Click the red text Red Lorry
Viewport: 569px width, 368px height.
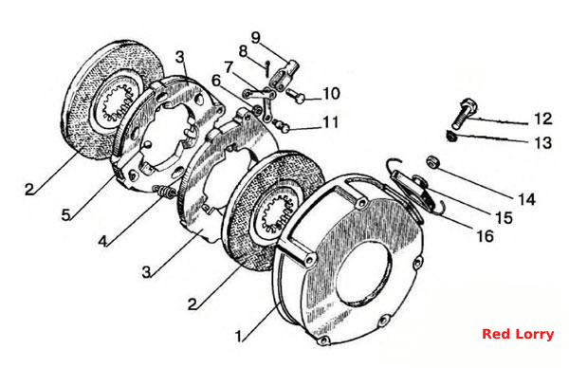(x=518, y=334)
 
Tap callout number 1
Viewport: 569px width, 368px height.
(x=238, y=337)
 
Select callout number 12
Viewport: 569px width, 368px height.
(x=543, y=120)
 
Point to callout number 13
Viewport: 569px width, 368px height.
(x=543, y=142)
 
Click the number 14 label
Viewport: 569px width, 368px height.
(x=526, y=199)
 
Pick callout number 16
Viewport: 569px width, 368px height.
(x=485, y=236)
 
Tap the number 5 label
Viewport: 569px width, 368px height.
(x=65, y=215)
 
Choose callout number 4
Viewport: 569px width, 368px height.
(x=103, y=241)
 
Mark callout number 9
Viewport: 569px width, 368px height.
(x=256, y=37)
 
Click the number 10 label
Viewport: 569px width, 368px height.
(x=331, y=94)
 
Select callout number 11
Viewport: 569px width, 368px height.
(x=331, y=122)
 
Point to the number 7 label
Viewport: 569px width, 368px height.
(x=229, y=67)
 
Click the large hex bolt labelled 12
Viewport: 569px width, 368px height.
(x=464, y=113)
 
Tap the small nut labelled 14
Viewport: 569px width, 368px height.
(x=432, y=161)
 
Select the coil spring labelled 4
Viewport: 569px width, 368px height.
(x=165, y=192)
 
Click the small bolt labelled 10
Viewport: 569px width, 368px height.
(x=296, y=96)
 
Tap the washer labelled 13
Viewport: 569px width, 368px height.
(x=451, y=136)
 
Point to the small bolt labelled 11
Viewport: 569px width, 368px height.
(x=282, y=124)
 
